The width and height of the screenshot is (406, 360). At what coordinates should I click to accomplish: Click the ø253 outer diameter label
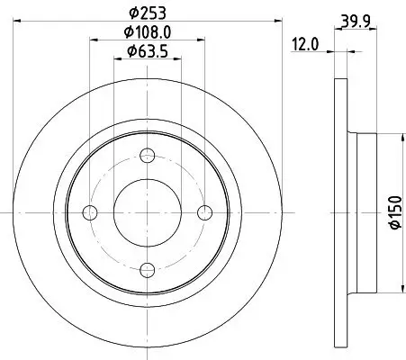click(x=147, y=12)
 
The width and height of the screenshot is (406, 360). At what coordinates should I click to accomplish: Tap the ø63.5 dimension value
click(x=147, y=50)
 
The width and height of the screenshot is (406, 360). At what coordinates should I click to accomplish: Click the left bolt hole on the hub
click(x=89, y=212)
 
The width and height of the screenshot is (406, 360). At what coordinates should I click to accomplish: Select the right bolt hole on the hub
click(x=204, y=212)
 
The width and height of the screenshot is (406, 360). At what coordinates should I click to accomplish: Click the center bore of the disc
click(x=147, y=212)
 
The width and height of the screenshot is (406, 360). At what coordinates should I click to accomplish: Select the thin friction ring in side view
click(x=340, y=212)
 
